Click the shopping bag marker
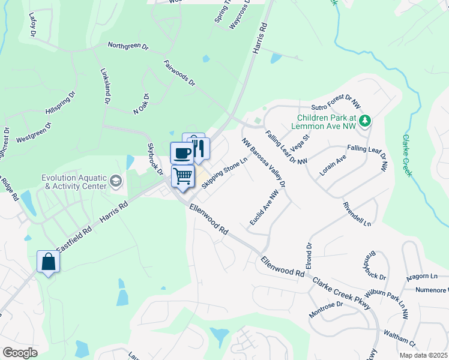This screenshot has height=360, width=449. [48, 262]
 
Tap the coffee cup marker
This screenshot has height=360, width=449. [182, 152]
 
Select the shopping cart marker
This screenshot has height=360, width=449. [183, 176]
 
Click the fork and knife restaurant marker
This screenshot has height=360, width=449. [199, 148]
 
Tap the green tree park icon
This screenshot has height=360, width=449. [364, 122]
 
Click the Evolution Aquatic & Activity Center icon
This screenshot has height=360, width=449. [116, 181]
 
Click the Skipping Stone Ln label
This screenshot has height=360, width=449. [224, 173]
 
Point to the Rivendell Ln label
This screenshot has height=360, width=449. [358, 214]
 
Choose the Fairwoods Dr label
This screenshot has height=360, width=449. [179, 73]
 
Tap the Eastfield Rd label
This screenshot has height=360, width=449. [74, 238]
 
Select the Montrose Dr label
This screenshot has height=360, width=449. [325, 309]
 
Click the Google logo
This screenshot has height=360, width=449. [20, 353]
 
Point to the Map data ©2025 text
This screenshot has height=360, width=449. [423, 355]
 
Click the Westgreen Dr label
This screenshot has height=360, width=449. [34, 133]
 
